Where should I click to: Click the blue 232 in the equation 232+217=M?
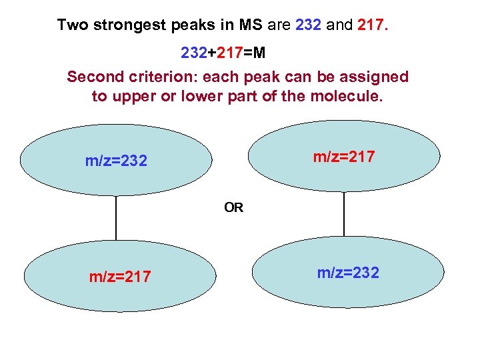(194, 51)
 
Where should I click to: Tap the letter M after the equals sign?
(258, 51)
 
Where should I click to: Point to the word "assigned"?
(375, 77)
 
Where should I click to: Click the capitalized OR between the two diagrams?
(233, 207)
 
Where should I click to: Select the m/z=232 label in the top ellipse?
(116, 161)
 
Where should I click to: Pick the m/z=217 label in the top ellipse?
(344, 157)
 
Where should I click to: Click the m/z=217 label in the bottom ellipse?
(120, 276)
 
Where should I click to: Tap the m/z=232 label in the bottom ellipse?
(348, 273)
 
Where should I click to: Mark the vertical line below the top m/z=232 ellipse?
(116, 217)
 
